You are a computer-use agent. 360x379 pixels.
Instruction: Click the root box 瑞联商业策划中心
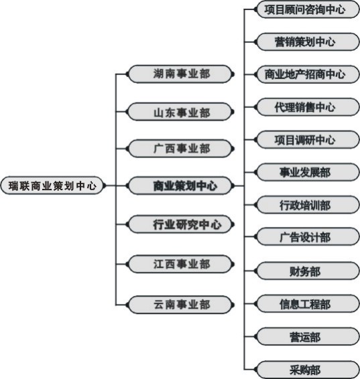53,185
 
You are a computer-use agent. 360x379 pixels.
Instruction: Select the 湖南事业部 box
181,74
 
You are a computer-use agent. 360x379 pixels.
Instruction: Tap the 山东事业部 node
181,112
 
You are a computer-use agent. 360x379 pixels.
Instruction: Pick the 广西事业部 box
181,149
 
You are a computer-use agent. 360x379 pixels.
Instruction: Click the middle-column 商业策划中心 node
181,185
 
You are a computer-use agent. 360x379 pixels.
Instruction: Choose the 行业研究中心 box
181,224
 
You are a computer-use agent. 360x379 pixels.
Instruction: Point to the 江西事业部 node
181,264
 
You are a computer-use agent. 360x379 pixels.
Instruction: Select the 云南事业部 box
181,305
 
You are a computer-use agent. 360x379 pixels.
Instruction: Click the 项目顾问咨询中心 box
308,9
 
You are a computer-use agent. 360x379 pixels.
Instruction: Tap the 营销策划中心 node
308,42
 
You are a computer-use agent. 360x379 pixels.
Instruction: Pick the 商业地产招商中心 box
308,74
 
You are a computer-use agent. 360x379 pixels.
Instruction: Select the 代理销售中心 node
308,107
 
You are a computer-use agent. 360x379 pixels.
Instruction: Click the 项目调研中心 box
308,139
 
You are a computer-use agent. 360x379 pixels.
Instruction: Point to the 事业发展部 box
308,172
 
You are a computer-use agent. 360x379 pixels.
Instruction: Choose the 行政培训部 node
308,205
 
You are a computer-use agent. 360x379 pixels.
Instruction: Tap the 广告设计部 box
308,236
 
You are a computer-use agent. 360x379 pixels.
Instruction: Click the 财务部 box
308,271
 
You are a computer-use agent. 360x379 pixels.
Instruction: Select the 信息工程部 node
308,303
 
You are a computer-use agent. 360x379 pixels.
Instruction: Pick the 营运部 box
308,336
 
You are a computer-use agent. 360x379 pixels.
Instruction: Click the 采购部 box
308,370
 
